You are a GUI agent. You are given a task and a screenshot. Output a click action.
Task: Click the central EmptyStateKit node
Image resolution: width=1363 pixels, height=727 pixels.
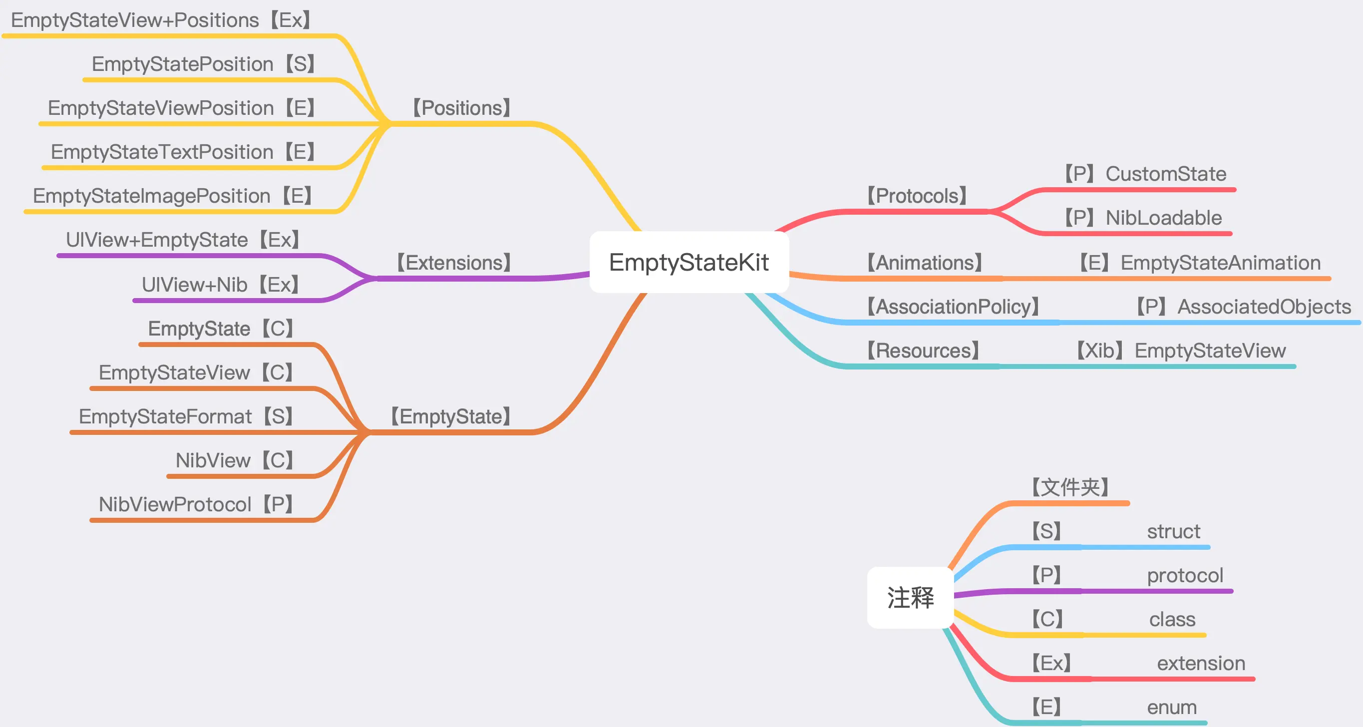coord(689,263)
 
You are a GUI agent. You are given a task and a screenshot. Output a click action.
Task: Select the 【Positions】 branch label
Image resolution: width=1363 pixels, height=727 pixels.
coord(461,108)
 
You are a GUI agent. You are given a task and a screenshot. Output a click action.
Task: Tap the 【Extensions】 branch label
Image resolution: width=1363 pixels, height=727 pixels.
coord(454,263)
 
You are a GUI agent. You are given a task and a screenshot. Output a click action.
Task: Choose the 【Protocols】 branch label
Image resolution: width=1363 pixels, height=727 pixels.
coord(917,196)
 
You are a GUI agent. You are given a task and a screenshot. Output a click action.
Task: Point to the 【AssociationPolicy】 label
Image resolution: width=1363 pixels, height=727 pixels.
coord(953,307)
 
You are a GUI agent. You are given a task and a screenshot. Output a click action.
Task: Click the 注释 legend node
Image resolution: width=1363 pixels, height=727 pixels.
coord(911,597)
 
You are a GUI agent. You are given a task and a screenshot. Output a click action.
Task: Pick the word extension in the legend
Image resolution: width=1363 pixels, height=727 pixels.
coord(1201,663)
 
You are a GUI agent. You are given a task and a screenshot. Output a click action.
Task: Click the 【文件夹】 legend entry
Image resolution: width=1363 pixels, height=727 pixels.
coord(1070,487)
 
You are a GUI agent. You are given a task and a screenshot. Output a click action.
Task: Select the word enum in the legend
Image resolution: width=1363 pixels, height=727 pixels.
coord(1171,707)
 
